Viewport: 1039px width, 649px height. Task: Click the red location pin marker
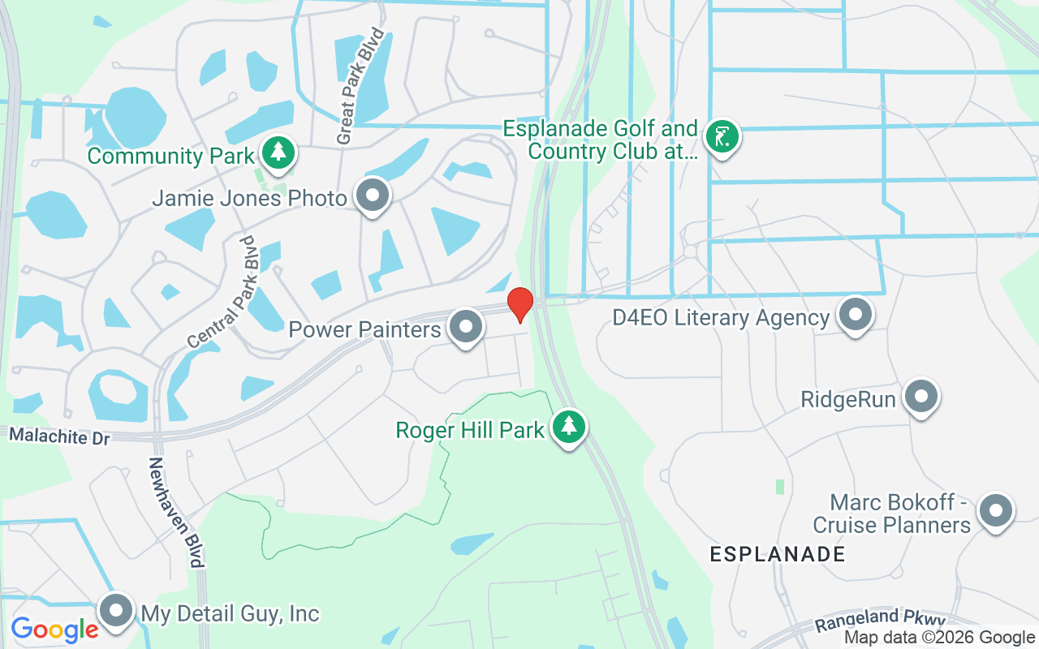519,305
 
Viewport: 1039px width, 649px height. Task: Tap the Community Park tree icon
278,153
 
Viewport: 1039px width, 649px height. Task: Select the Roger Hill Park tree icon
569,426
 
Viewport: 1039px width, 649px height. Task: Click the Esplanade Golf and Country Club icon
721,135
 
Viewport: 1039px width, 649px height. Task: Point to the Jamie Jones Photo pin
373,196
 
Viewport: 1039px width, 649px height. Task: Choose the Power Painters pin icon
465,327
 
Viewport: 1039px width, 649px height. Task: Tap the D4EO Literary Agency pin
854,314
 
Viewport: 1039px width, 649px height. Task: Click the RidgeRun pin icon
920,397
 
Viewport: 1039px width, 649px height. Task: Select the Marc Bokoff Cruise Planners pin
995,511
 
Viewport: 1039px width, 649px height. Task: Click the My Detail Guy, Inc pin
116,610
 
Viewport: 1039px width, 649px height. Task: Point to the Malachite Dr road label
58,437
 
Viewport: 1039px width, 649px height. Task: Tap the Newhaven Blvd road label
175,512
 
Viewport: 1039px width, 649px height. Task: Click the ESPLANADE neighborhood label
777,554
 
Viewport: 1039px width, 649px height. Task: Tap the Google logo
54,629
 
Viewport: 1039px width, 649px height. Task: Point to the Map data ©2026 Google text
939,638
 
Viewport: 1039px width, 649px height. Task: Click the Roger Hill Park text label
469,429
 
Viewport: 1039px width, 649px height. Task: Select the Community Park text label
171,156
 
